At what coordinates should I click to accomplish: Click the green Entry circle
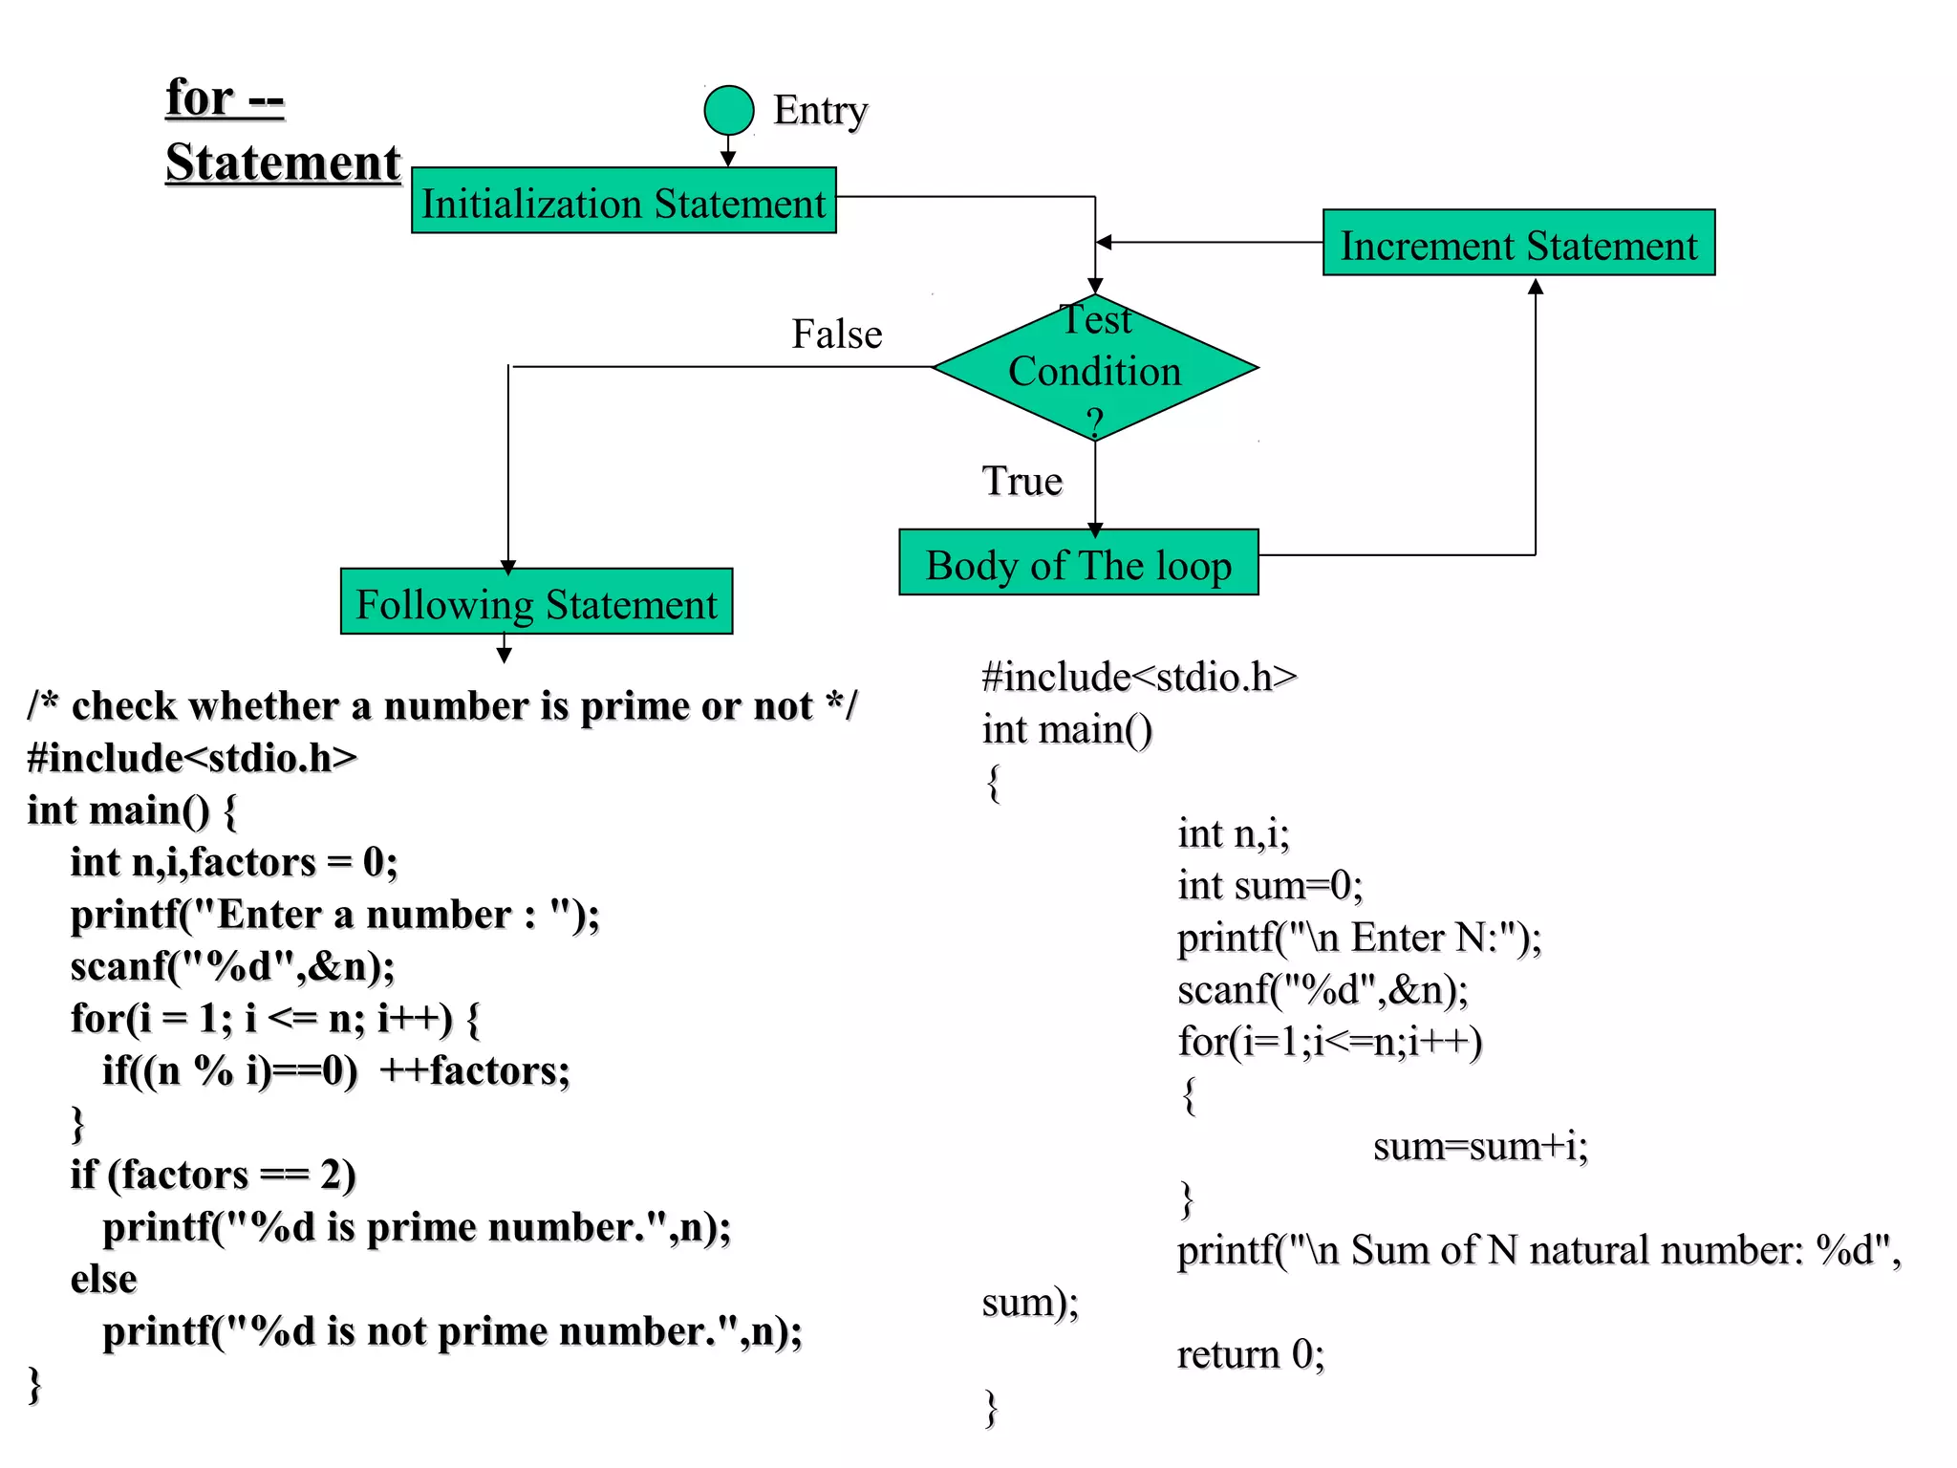(x=729, y=110)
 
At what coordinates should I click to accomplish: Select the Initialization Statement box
(x=624, y=202)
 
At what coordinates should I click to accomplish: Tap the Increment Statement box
(x=1518, y=244)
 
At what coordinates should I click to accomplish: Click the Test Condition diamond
(x=1095, y=369)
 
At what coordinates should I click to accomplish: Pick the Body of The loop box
(x=1078, y=563)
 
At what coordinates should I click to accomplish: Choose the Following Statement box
(x=536, y=602)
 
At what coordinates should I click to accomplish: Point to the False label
(x=836, y=335)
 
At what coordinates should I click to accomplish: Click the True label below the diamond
(x=1022, y=481)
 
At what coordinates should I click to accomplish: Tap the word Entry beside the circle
(x=820, y=111)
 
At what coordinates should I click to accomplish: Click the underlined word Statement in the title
(x=283, y=162)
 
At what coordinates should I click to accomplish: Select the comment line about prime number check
(x=442, y=706)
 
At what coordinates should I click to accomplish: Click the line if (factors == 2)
(x=213, y=1175)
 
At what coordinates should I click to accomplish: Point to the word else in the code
(x=103, y=1279)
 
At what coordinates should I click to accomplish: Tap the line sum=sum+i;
(x=1479, y=1146)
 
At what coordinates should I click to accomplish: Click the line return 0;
(x=1250, y=1354)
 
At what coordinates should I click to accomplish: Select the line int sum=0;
(x=1269, y=885)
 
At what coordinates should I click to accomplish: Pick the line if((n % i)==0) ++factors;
(x=335, y=1070)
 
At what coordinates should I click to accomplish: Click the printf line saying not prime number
(x=452, y=1330)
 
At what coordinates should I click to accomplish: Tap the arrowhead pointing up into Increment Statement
(x=1536, y=286)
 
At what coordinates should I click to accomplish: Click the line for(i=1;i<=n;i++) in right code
(x=1329, y=1042)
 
